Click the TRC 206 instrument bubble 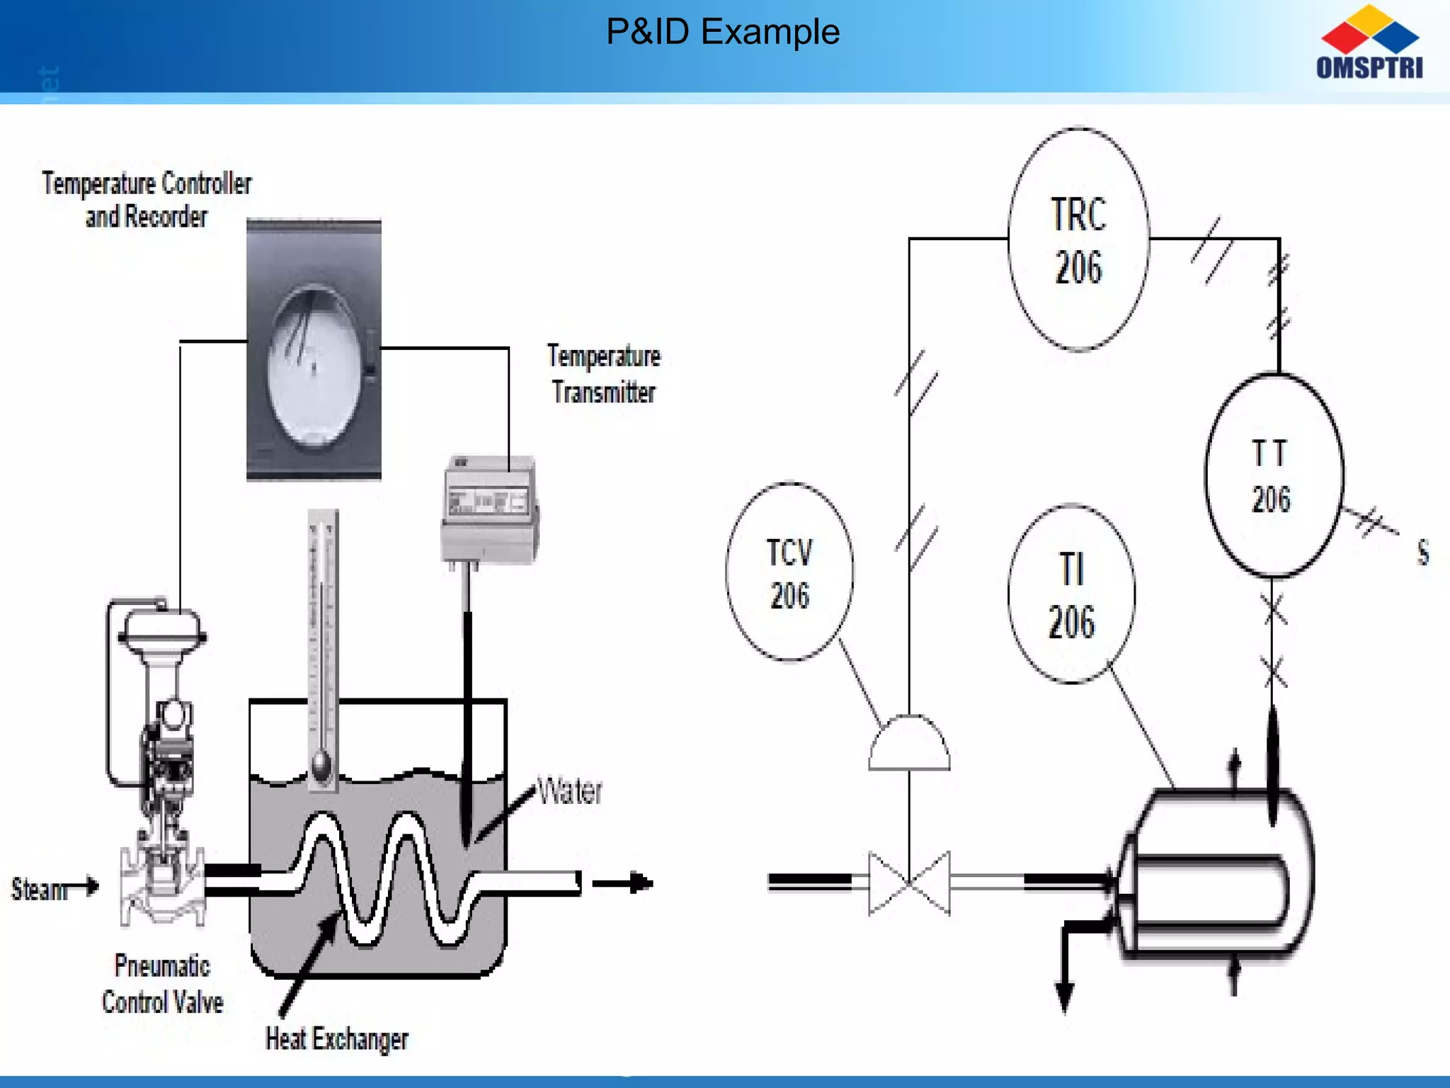pos(1078,239)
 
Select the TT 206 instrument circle pos(1273,475)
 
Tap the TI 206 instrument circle pos(1071,594)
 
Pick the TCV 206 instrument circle pos(789,572)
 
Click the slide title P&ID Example pos(723,32)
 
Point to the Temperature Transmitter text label pos(603,373)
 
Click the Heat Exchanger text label pos(336,1038)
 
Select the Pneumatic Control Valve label pos(162,983)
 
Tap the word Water pos(569,791)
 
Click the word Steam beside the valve pos(38,889)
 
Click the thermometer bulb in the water pos(321,766)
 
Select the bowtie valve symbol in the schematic pos(909,883)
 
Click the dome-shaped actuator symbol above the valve pos(909,744)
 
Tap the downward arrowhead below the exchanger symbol pos(1064,994)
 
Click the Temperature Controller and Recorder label pos(147,200)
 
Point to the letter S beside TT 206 pos(1422,552)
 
